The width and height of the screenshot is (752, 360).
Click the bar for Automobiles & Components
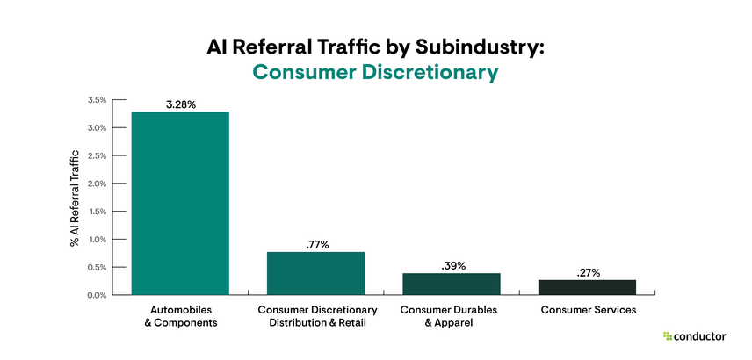click(180, 203)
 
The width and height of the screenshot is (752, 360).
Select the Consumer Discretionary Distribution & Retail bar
click(315, 273)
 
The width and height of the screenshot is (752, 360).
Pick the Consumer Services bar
click(587, 287)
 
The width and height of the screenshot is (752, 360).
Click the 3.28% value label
click(180, 104)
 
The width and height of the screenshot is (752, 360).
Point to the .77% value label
click(315, 244)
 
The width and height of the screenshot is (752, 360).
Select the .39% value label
click(451, 265)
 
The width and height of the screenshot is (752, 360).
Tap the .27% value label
click(587, 272)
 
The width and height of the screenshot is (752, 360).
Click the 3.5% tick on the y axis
click(97, 100)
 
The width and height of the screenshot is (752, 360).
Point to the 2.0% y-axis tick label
click(97, 184)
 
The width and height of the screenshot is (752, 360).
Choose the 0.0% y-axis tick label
click(97, 295)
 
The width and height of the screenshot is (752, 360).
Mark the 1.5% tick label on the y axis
click(97, 212)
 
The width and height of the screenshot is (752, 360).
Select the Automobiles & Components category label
click(180, 316)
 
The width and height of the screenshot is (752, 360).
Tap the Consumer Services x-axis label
click(587, 310)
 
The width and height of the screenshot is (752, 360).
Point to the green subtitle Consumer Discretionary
click(376, 73)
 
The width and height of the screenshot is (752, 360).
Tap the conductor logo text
click(702, 335)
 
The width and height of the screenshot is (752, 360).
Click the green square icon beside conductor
click(668, 335)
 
